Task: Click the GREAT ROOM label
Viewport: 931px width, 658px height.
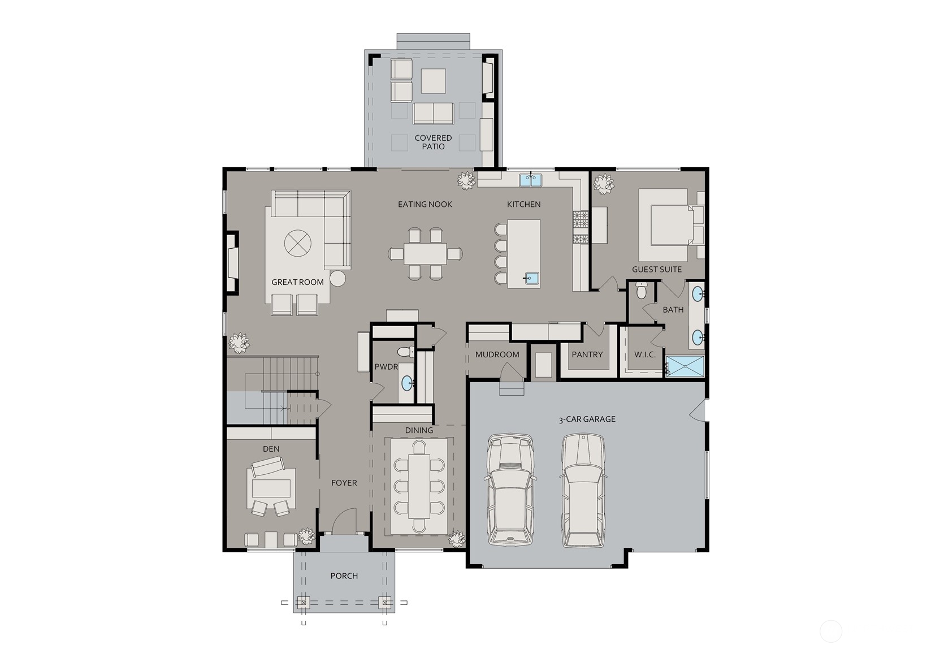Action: pyautogui.click(x=297, y=282)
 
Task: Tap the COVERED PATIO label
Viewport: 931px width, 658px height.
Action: pyautogui.click(x=433, y=142)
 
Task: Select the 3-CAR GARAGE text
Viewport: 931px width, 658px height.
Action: pyautogui.click(x=587, y=419)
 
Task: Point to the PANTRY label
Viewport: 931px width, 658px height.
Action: pyautogui.click(x=587, y=354)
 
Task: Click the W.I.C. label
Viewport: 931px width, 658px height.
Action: pyautogui.click(x=644, y=354)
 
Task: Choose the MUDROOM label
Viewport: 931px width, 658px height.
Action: pyautogui.click(x=497, y=354)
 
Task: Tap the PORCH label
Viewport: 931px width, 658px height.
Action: pyautogui.click(x=344, y=575)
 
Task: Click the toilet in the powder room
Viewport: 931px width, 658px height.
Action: pyautogui.click(x=406, y=352)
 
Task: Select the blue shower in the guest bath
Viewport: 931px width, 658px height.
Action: pyautogui.click(x=685, y=366)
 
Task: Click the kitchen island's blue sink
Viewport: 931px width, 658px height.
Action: pyautogui.click(x=531, y=278)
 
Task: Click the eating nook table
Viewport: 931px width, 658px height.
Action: pyautogui.click(x=425, y=254)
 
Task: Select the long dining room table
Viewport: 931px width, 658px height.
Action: pyautogui.click(x=419, y=486)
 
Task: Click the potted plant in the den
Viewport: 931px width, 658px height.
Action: pyautogui.click(x=307, y=536)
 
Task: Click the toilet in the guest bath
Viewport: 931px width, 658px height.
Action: pyautogui.click(x=642, y=291)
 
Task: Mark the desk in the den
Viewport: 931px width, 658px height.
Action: pyautogui.click(x=271, y=488)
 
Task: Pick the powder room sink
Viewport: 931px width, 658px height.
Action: pyautogui.click(x=407, y=383)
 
